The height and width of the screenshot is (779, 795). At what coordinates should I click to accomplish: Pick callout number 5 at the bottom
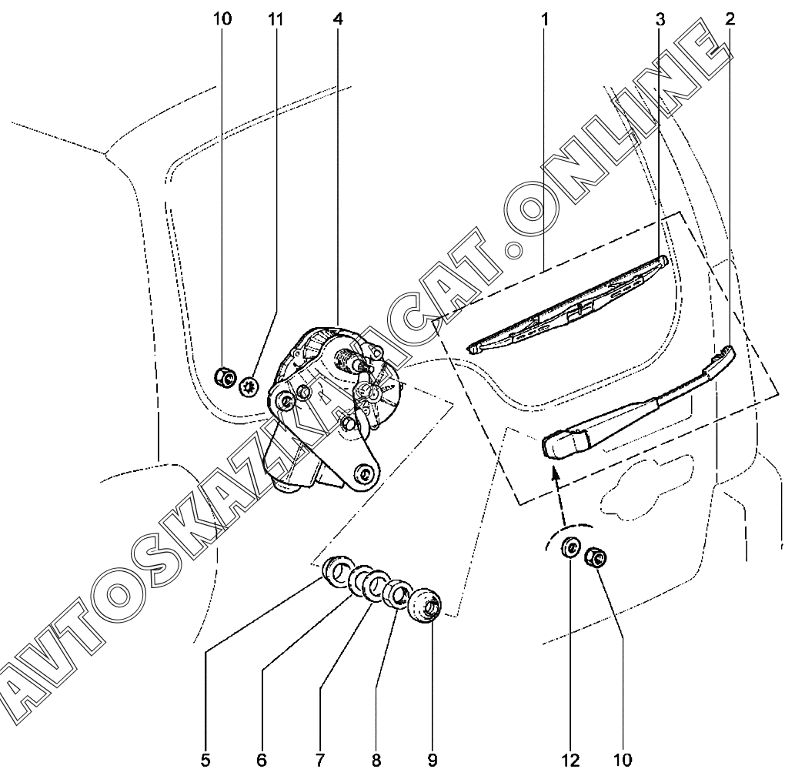pyautogui.click(x=205, y=761)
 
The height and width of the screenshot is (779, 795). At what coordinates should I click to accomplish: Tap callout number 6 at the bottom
pyautogui.click(x=262, y=761)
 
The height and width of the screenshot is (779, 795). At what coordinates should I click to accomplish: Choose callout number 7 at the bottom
pyautogui.click(x=319, y=761)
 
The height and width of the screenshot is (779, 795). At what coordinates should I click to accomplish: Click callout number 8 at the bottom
pyautogui.click(x=376, y=761)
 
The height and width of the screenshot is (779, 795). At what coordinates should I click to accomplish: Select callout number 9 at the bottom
pyautogui.click(x=433, y=761)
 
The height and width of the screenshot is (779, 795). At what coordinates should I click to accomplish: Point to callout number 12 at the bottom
pyautogui.click(x=569, y=761)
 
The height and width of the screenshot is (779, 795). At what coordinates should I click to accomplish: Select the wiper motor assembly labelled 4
pyautogui.click(x=331, y=408)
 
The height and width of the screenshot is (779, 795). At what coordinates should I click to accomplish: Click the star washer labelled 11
pyautogui.click(x=249, y=386)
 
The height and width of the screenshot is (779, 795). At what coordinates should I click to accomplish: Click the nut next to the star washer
pyautogui.click(x=224, y=377)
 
